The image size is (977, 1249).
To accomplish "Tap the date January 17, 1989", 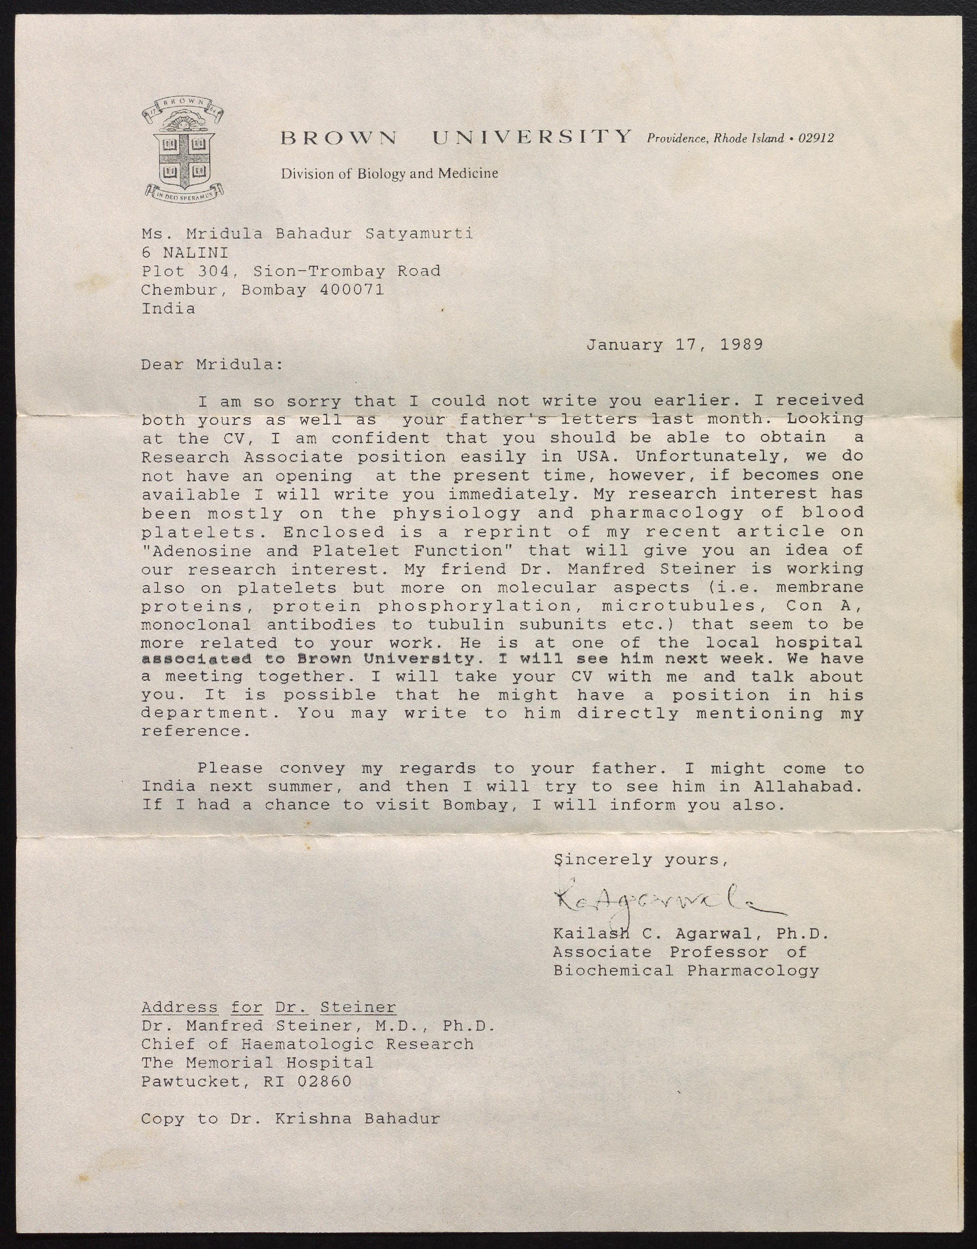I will (674, 345).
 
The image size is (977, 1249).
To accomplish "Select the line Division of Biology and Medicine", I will (389, 173).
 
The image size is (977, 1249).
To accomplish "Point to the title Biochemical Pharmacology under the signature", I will (686, 970).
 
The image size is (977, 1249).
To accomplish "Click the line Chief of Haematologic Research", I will (307, 1044).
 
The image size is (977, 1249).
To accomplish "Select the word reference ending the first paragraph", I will (195, 731).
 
